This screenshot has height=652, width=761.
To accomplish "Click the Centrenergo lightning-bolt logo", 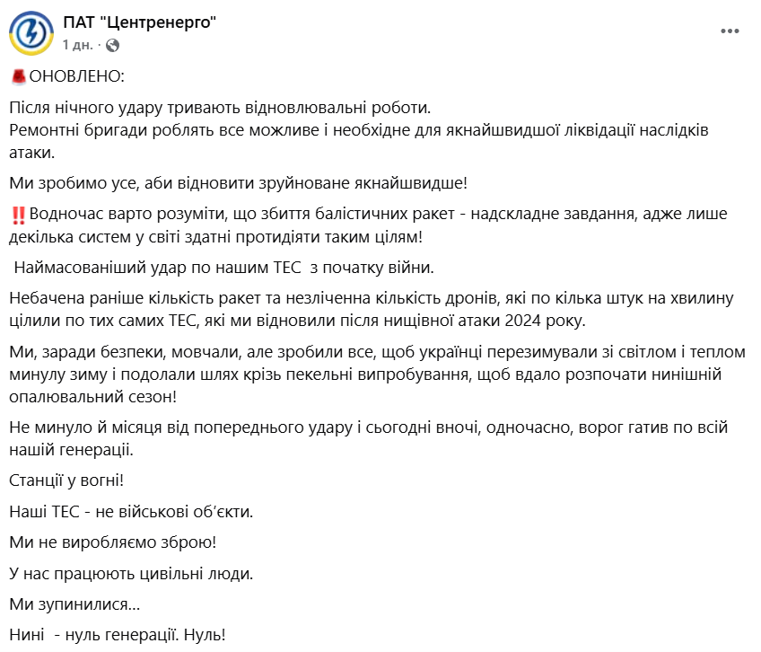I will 31,32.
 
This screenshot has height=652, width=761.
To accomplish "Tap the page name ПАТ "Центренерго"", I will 140,22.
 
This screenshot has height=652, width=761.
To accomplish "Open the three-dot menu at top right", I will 730,31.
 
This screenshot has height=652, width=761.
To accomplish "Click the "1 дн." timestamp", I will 78,44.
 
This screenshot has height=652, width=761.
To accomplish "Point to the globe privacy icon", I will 112,44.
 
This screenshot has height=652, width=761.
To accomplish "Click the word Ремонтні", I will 41,130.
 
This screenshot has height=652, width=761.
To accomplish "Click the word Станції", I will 38,480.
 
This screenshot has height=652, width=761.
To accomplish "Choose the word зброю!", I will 189,542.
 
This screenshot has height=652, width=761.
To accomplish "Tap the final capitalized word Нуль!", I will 206,635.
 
